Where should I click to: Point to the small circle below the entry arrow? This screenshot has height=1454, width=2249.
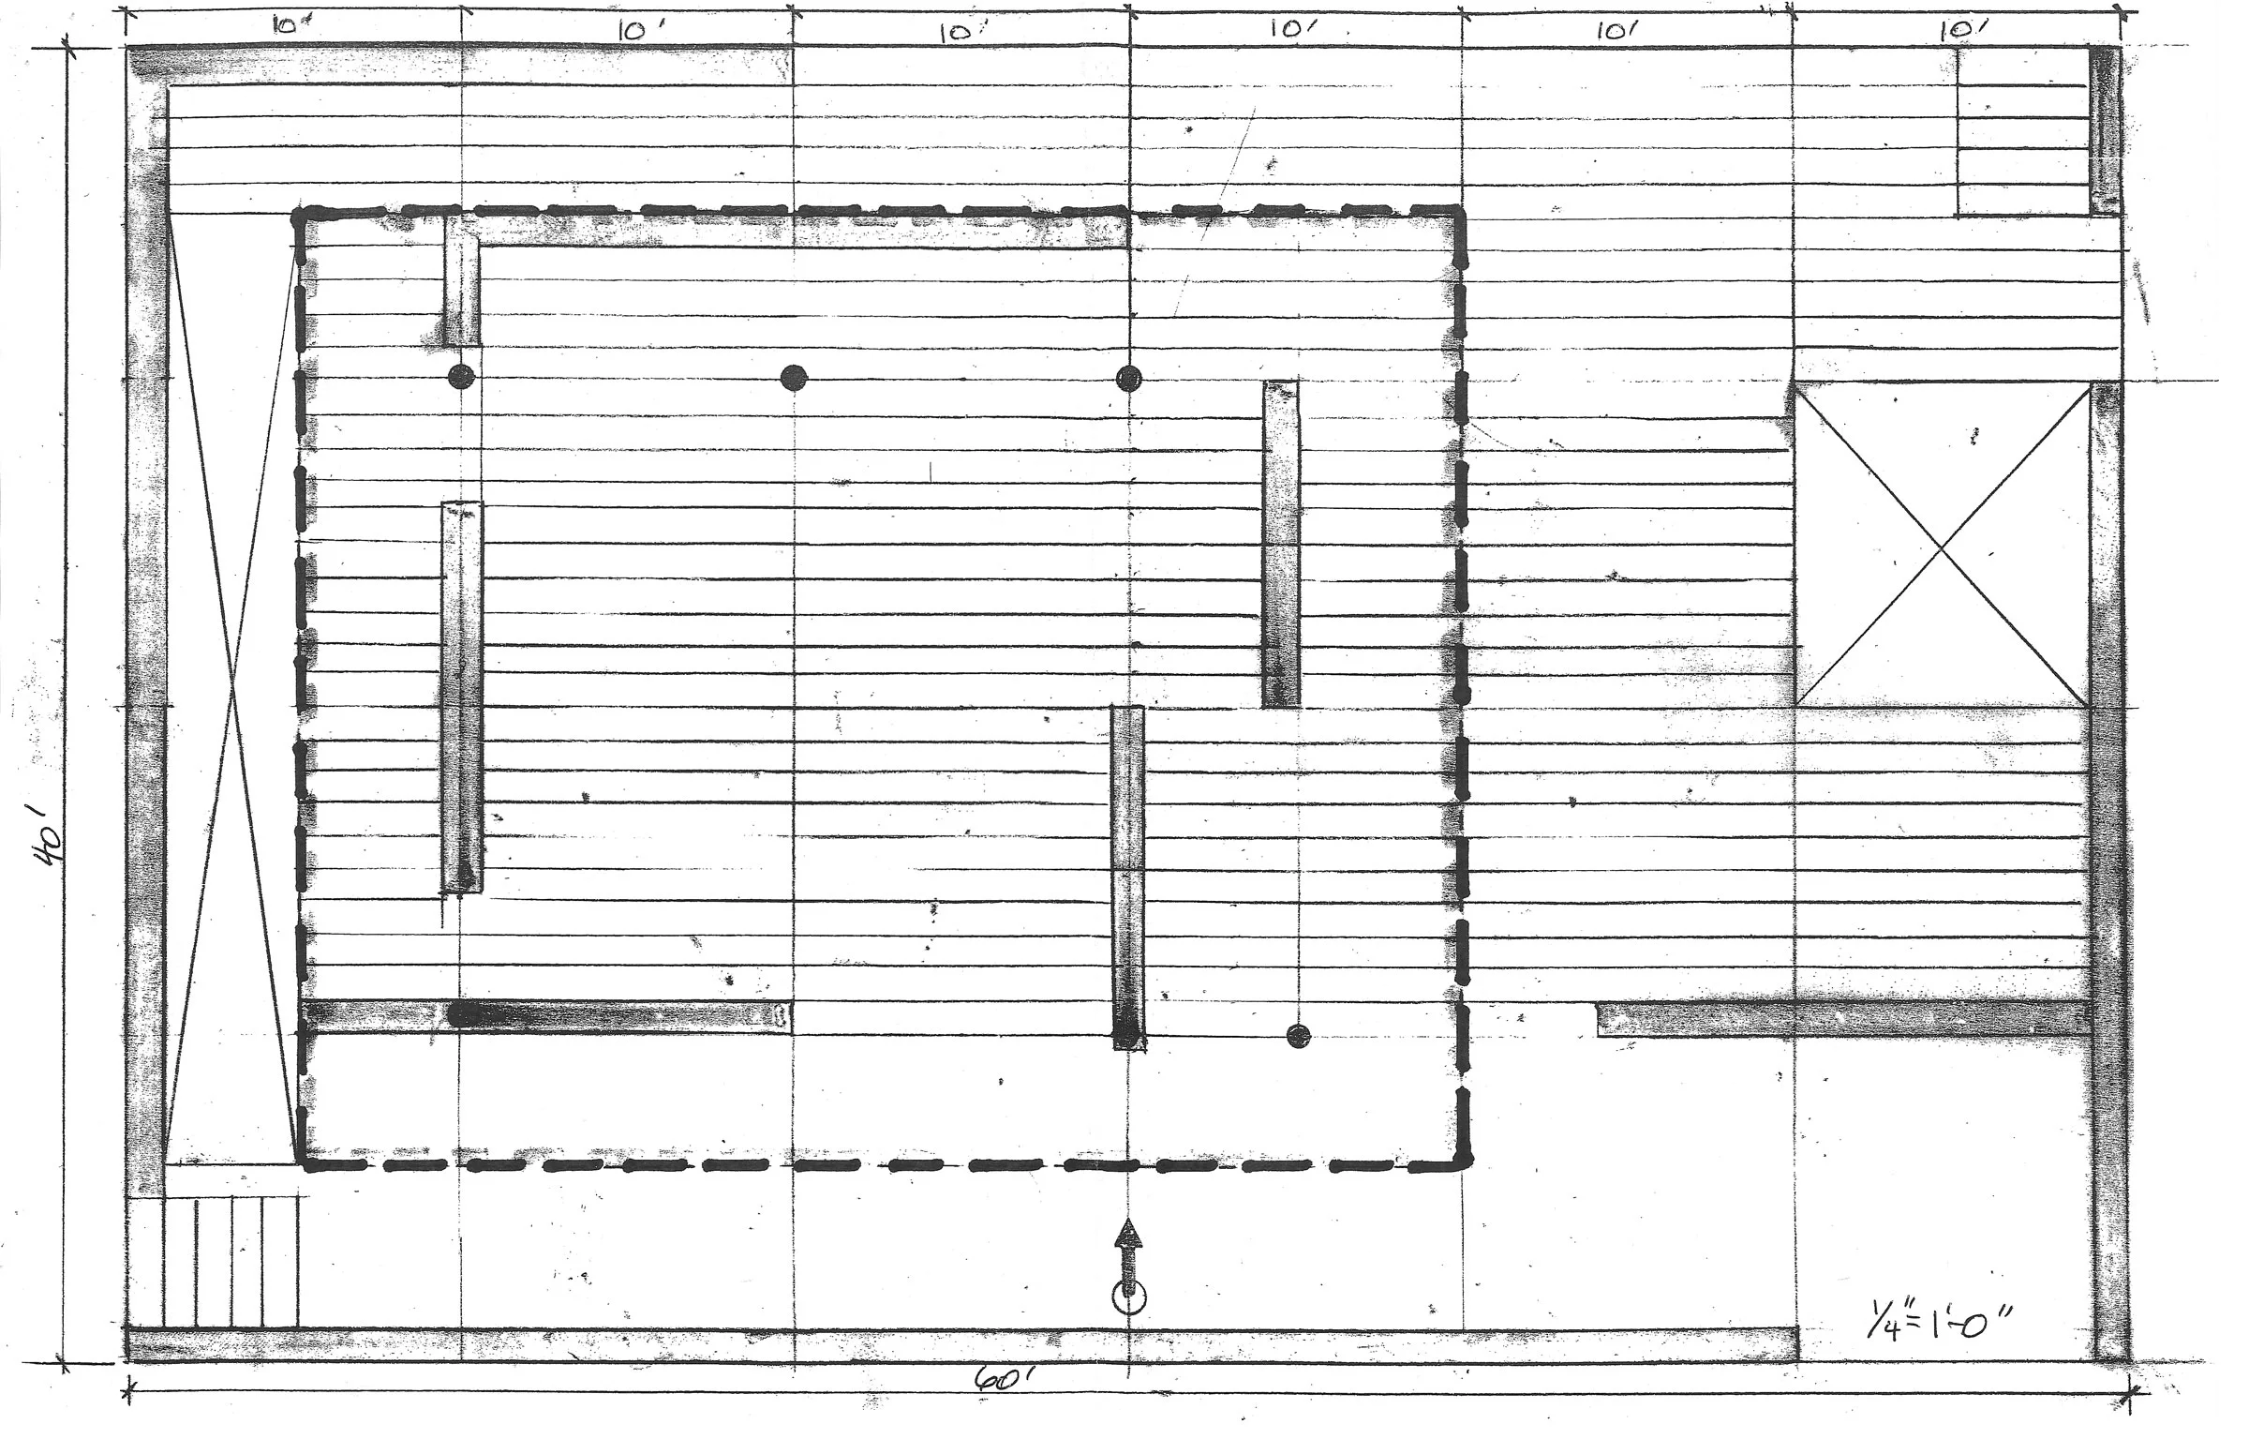1129,1298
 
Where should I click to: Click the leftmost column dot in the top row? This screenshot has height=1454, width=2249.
460,377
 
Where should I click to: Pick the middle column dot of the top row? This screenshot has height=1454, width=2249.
794,378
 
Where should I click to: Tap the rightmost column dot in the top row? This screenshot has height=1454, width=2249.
1129,379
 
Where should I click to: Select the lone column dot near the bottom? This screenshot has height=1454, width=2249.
1299,1036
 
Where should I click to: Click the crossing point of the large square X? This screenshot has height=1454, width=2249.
1942,547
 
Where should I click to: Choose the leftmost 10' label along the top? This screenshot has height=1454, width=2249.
284,25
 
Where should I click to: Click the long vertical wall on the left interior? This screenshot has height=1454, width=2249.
461,697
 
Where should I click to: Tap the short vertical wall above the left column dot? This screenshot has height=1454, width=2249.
461,281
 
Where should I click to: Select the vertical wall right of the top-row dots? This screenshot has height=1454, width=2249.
1281,544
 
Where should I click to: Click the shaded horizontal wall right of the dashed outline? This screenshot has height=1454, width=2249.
1840,1020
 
